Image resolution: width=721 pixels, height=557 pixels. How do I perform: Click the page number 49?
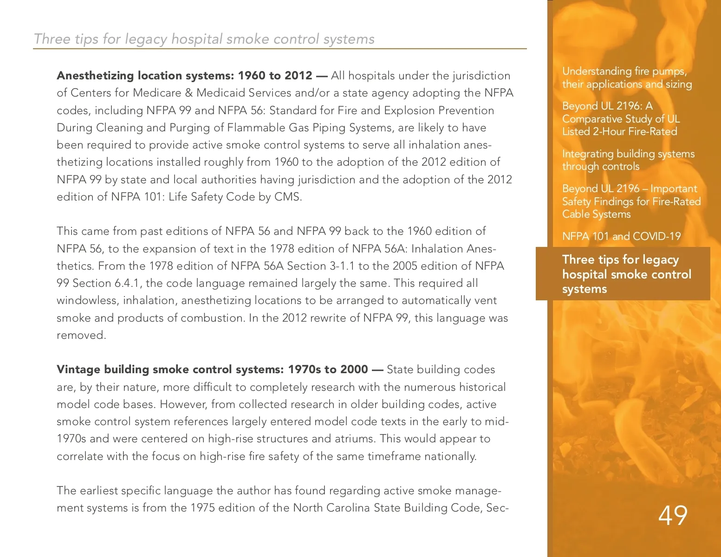[673, 515]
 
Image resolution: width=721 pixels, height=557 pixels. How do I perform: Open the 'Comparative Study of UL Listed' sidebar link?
[621, 119]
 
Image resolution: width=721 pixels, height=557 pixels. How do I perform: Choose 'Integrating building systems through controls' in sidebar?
[628, 160]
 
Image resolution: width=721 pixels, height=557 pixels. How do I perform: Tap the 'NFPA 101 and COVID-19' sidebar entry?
[621, 236]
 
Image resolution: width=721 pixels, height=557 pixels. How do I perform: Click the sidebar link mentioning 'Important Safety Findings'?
[631, 201]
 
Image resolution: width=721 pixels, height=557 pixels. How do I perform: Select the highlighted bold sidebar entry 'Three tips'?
[626, 274]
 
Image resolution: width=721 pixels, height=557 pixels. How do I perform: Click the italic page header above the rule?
[204, 39]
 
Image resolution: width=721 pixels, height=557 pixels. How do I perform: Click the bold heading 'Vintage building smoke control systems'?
[212, 369]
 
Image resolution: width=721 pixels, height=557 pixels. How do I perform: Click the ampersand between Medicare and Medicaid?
[188, 93]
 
